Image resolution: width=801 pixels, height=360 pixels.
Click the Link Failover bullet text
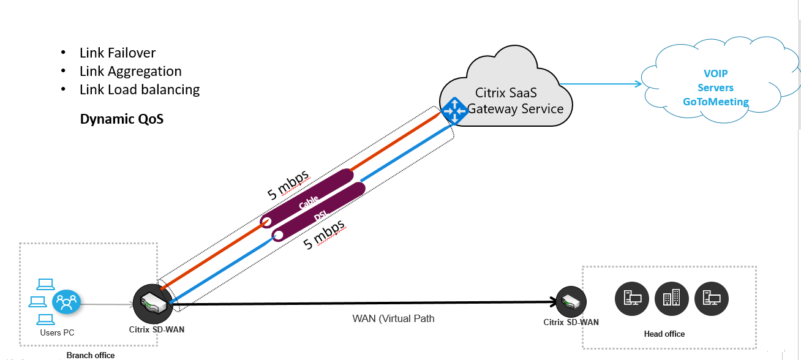tap(118, 53)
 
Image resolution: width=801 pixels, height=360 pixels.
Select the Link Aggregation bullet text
tap(130, 72)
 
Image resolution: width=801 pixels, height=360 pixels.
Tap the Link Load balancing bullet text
tap(140, 90)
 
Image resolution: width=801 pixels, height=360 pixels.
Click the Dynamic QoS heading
tap(122, 119)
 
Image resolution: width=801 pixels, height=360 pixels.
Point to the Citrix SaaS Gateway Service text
tap(514, 101)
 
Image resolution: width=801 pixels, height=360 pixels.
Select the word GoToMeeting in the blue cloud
tap(716, 102)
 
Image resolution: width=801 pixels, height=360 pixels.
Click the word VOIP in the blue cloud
tap(716, 73)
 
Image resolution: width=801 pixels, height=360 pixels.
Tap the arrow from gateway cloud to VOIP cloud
tap(600, 84)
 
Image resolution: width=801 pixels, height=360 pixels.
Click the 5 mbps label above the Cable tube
tap(288, 182)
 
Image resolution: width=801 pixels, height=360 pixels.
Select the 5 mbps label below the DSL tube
tap(325, 235)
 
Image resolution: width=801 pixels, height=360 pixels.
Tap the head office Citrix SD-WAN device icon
tap(571, 302)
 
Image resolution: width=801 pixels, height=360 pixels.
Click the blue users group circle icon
tap(66, 302)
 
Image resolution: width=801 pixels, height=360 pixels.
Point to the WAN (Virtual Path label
tap(393, 318)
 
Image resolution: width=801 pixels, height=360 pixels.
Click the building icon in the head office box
tap(671, 298)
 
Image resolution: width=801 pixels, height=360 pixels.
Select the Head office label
tap(664, 334)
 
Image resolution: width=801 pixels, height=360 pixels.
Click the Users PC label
tap(58, 332)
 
